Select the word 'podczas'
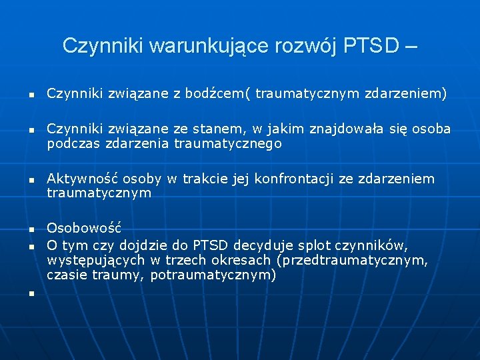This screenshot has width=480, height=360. (x=69, y=143)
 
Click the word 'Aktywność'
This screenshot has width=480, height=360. (x=75, y=179)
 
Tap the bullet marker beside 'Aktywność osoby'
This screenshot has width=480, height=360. (x=31, y=181)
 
